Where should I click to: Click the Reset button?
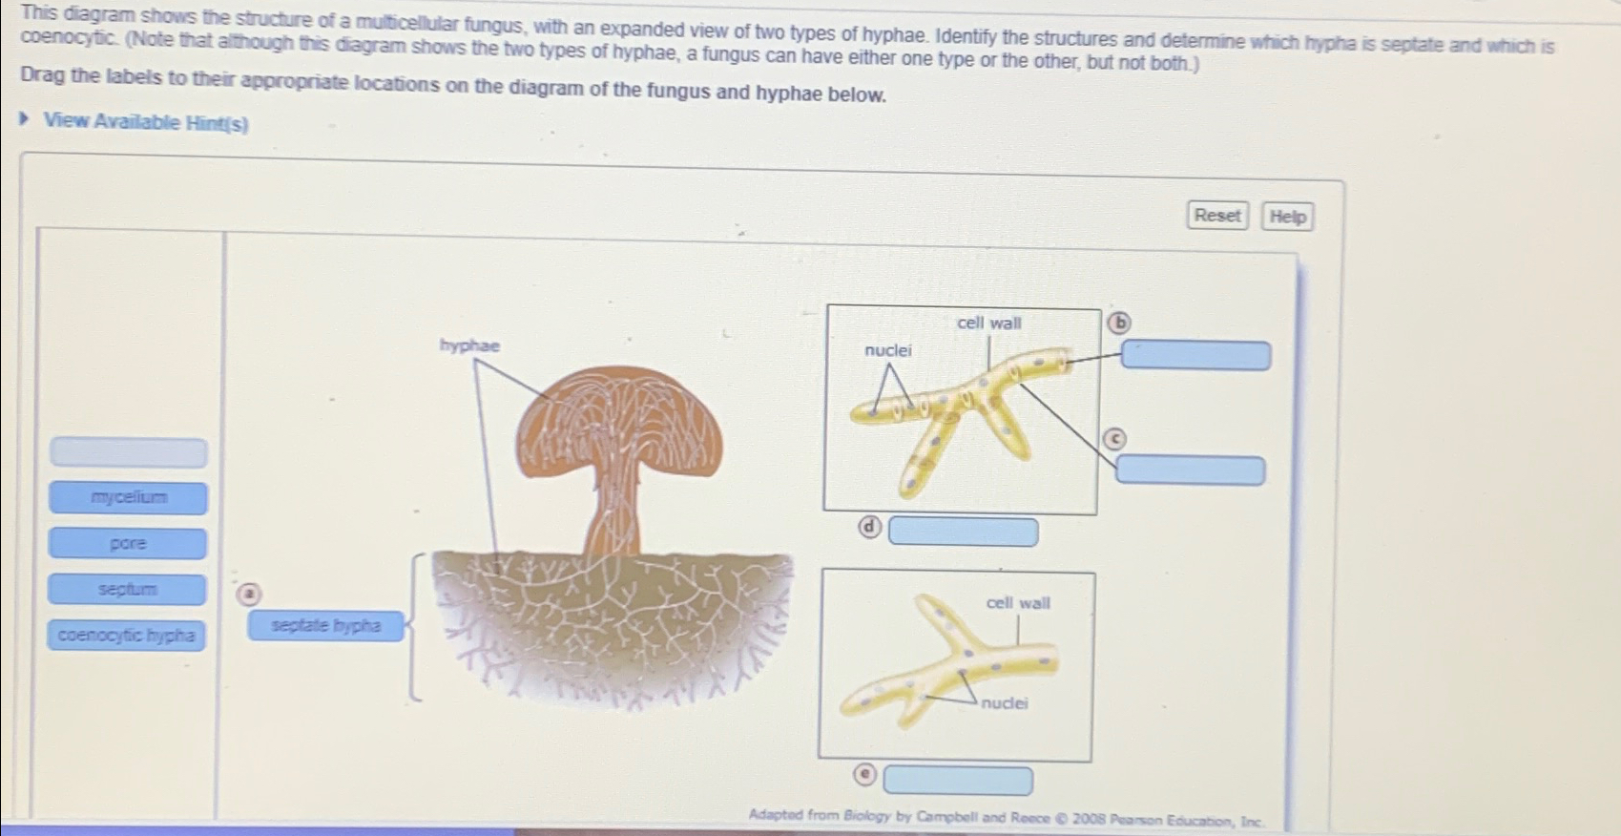tap(1217, 216)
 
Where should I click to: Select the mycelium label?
tap(129, 497)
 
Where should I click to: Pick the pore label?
tap(128, 543)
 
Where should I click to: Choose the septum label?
tap(127, 589)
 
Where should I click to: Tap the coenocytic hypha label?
tap(126, 635)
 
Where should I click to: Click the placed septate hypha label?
tap(325, 626)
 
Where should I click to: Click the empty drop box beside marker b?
tap(1195, 356)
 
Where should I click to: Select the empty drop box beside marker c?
tap(1190, 470)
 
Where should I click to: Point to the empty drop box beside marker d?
tap(963, 532)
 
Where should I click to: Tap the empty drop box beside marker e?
tap(957, 781)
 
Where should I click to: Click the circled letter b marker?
tap(1118, 323)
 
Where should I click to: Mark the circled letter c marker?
tap(1114, 439)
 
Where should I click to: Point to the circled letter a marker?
tap(248, 594)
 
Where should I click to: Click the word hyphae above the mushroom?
tap(469, 345)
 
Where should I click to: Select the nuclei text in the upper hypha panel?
tap(887, 350)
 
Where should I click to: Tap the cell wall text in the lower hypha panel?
tap(1018, 603)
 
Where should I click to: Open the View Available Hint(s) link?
tap(145, 122)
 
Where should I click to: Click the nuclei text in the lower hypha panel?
tap(1005, 703)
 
